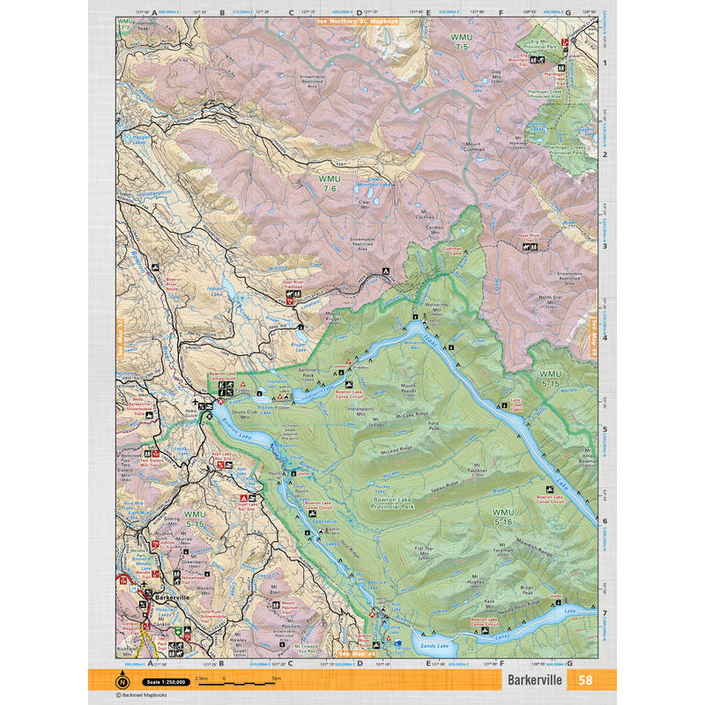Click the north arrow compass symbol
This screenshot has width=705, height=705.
tap(122, 680)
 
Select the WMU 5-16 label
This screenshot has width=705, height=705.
tap(503, 518)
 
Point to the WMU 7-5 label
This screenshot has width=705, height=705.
tap(462, 41)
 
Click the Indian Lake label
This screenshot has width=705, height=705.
tap(216, 290)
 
